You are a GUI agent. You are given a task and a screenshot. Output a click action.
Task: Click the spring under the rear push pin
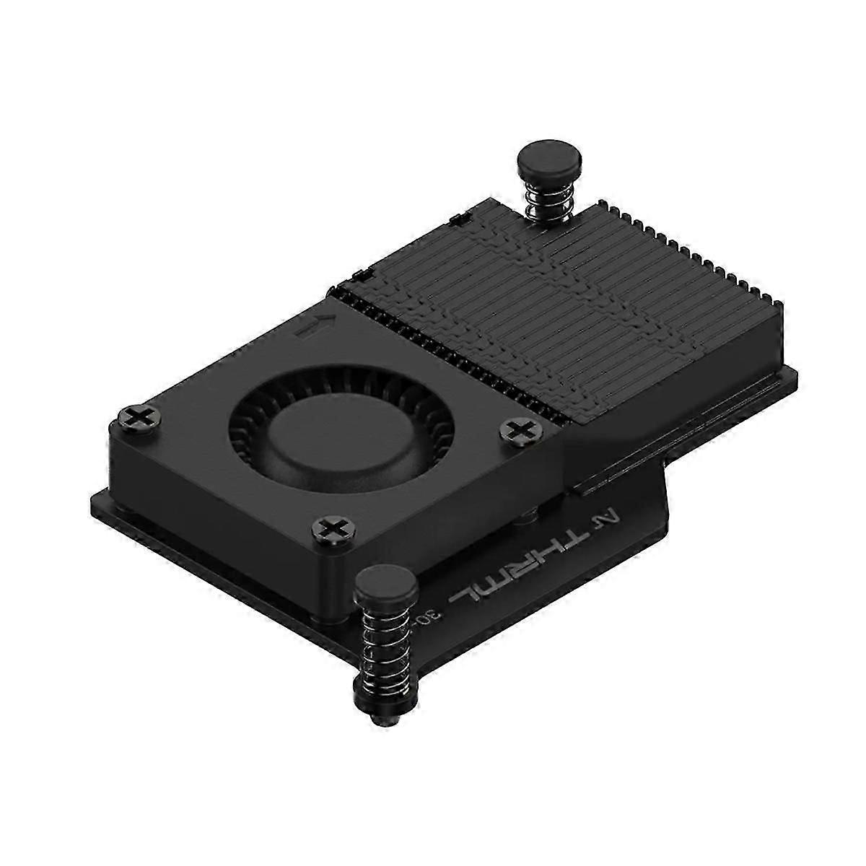tap(548, 198)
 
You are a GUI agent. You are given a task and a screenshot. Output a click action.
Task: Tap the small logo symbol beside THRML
tap(608, 517)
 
